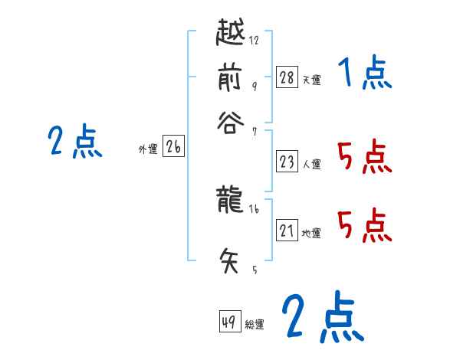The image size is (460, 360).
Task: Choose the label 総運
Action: point(255,325)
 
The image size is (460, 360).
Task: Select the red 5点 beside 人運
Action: point(364,158)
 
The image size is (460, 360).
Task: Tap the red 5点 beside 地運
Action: point(364,225)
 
